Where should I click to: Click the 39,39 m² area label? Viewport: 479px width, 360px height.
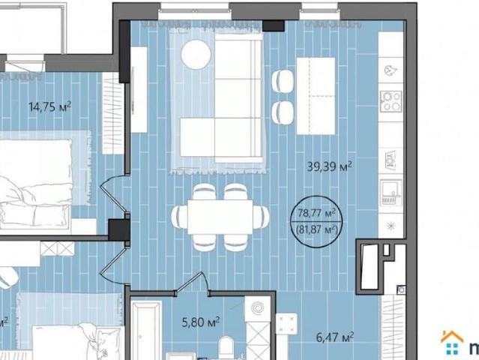(x=329, y=166)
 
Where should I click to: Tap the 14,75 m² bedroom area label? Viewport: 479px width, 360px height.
(x=49, y=107)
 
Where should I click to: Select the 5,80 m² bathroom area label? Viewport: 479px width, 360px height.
(x=201, y=322)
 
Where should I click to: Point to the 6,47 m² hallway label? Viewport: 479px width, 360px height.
(x=335, y=337)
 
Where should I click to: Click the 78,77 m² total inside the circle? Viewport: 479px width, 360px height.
(x=317, y=213)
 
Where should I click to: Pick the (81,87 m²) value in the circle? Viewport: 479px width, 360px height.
(x=317, y=229)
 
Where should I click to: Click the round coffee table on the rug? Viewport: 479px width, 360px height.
(x=196, y=55)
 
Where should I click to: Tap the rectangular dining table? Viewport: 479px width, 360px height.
(x=220, y=217)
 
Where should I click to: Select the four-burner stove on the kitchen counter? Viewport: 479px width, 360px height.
(x=391, y=101)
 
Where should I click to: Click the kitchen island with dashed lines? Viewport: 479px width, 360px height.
(x=316, y=96)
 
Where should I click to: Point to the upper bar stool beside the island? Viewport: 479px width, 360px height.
(x=283, y=81)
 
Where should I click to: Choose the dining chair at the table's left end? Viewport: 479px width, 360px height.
(x=180, y=217)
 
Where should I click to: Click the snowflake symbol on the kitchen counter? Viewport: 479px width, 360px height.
(x=391, y=226)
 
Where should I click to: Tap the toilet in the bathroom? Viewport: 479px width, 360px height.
(x=226, y=347)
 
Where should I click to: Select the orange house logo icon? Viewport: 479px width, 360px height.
(x=452, y=343)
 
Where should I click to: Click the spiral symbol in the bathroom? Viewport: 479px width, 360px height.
(x=257, y=308)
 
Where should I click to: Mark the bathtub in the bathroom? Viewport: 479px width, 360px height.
(x=146, y=330)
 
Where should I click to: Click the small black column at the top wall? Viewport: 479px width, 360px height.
(x=274, y=26)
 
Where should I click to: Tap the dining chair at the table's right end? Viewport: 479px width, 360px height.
(x=262, y=217)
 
